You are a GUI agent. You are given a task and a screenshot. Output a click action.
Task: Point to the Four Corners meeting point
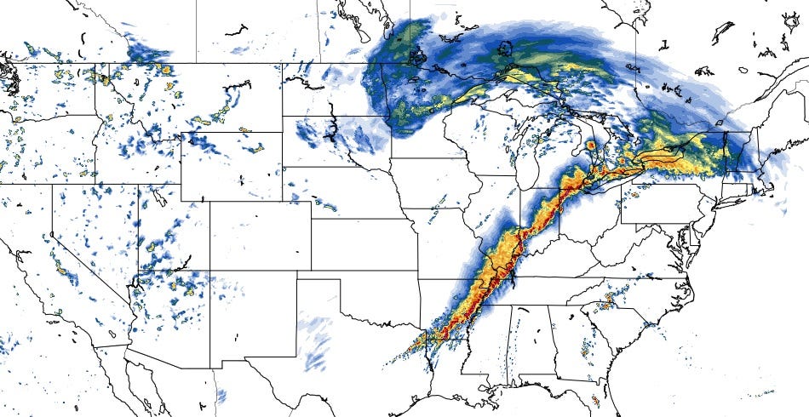coord(210,271)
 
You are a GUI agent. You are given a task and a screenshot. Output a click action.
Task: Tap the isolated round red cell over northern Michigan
coord(590,146)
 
